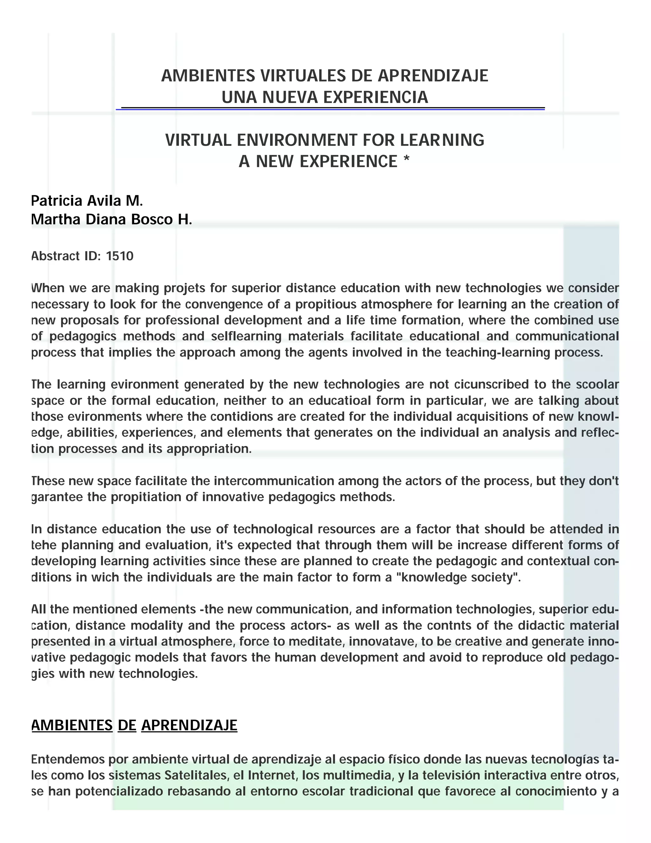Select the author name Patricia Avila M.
[87, 201]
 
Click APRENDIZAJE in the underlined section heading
[189, 726]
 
